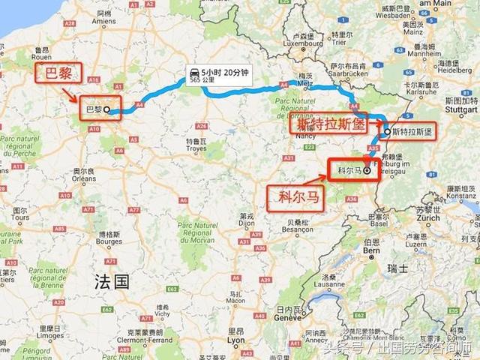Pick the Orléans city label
pyautogui.click(x=83, y=178)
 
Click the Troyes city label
pyautogui.click(x=196, y=148)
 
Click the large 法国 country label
pyautogui.click(x=112, y=281)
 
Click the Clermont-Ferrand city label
pyautogui.click(x=141, y=338)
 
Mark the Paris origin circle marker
pyautogui.click(x=106, y=110)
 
